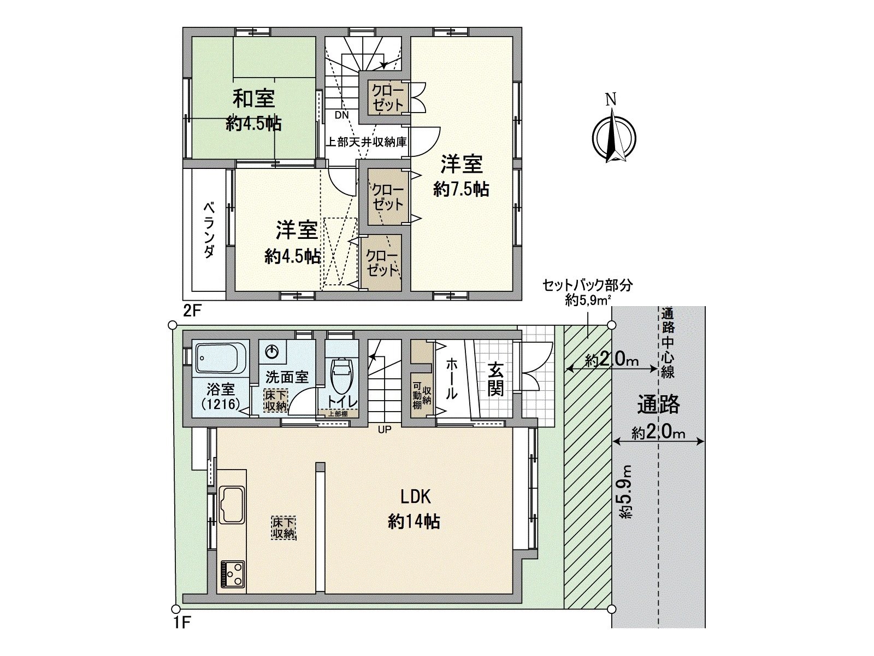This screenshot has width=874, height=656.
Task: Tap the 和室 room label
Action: pos(253,99)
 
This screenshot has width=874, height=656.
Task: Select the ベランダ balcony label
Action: pos(209,230)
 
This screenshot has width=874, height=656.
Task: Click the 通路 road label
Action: pos(658,405)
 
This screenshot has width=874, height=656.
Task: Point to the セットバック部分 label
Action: pos(587,285)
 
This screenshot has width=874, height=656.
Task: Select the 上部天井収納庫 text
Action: pos(367,142)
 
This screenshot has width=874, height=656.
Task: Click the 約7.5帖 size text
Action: pos(461,189)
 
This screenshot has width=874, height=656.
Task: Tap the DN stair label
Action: pos(342,115)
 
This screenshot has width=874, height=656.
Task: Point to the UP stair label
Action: pos(385,430)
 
